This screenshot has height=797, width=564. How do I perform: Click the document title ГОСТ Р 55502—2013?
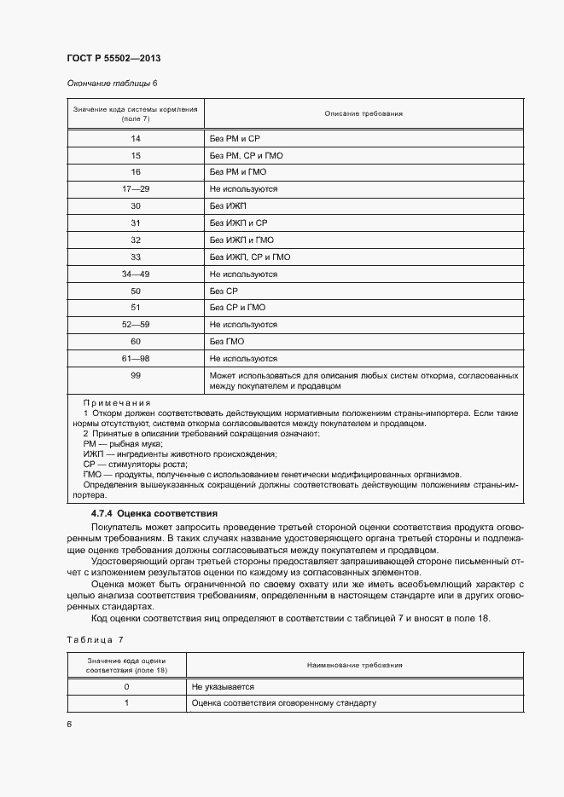[x=113, y=59]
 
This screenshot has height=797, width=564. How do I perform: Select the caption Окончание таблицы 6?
[x=112, y=84]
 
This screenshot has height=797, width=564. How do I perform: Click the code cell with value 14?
[x=136, y=138]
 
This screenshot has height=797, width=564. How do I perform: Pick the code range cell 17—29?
[x=136, y=189]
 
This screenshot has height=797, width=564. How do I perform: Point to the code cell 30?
[x=136, y=206]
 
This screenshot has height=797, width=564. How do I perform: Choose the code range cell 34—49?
[x=136, y=274]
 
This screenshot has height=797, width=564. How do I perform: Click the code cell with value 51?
[x=136, y=309]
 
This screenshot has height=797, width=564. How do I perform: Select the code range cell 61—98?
[x=136, y=359]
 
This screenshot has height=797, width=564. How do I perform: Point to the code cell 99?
[x=136, y=376]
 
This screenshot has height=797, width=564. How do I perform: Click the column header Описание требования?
[x=363, y=113]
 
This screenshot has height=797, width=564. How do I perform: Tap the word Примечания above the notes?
[x=117, y=402]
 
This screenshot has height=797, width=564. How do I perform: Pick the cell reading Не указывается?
[x=223, y=686]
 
